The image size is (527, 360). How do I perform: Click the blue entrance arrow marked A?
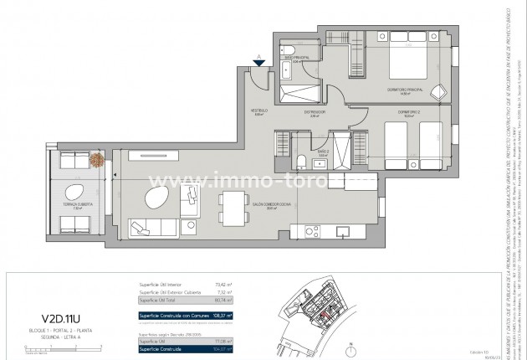pyautogui.click(x=260, y=63)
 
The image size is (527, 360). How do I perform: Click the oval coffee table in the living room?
pyautogui.click(x=155, y=199)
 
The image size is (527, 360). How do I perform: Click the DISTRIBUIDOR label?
pyautogui.click(x=315, y=114)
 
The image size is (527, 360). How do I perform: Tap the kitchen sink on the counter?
pyautogui.click(x=341, y=229)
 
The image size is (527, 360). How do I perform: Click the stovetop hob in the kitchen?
pyautogui.click(x=310, y=229)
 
